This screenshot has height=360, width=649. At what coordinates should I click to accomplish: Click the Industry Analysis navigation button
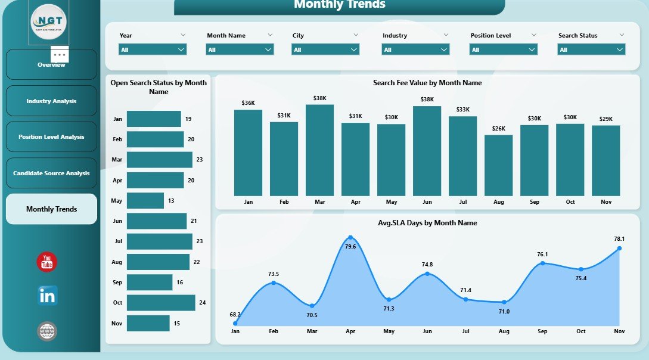coord(51,101)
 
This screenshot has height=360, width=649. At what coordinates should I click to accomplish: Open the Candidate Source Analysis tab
coord(51,173)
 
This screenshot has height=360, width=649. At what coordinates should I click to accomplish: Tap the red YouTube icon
coord(47,262)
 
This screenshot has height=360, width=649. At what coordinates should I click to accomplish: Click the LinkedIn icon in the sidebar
coord(47,296)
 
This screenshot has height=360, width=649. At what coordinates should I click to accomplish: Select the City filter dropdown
coord(325,50)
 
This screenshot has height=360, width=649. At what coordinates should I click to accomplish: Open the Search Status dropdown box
coord(591,50)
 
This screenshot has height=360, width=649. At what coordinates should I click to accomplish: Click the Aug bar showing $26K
coord(498,165)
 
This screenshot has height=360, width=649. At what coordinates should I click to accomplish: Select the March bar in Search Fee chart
coord(319,150)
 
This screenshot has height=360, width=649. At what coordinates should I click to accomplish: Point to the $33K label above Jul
coord(462,110)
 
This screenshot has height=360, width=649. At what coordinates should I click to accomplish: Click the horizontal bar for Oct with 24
coord(161,303)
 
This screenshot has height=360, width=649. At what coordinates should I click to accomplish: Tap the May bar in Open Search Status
coord(145,200)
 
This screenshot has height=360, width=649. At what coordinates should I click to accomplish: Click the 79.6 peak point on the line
coord(350,238)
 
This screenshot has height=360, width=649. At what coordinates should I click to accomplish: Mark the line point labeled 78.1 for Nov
coord(619,248)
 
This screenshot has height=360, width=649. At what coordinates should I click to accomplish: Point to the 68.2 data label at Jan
coord(235,314)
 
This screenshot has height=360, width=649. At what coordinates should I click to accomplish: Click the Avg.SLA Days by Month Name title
coord(427,223)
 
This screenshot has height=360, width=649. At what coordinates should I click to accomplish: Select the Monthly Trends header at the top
coord(340,5)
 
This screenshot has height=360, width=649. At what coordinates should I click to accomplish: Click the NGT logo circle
coord(49,22)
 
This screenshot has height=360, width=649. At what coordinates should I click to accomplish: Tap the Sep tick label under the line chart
coord(542,331)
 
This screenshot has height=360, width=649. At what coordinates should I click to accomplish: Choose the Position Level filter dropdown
coord(504,50)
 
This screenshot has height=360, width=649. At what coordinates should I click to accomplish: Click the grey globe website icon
coord(47,331)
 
